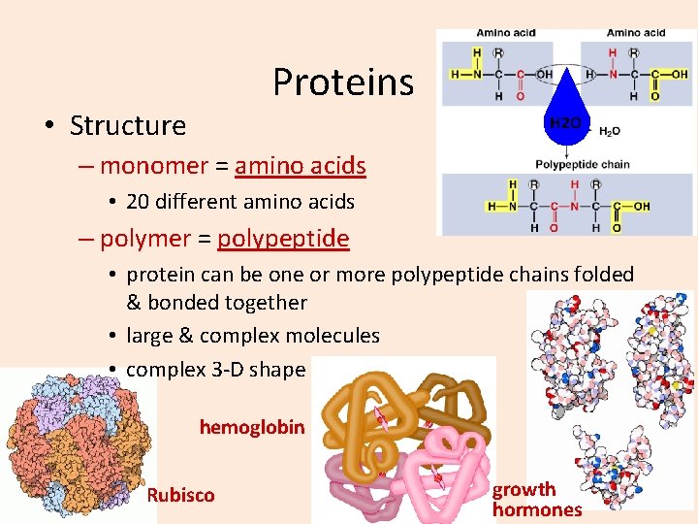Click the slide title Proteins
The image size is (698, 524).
coord(342,82)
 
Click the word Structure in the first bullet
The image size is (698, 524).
coord(128,126)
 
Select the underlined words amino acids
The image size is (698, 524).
coord(301,166)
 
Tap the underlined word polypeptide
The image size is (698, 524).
coord(283,239)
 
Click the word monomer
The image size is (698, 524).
coord(153,166)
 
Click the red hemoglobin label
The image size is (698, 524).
coord(252,427)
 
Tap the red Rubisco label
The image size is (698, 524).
coord(180,495)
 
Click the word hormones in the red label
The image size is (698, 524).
coord(537,509)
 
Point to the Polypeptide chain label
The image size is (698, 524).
coord(582,164)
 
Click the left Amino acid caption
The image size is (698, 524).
coord(506,33)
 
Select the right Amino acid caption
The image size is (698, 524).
coord(636,33)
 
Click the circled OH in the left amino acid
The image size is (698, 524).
coord(544,74)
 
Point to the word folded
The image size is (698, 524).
coord(600,275)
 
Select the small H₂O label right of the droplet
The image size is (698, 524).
coord(611,131)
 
